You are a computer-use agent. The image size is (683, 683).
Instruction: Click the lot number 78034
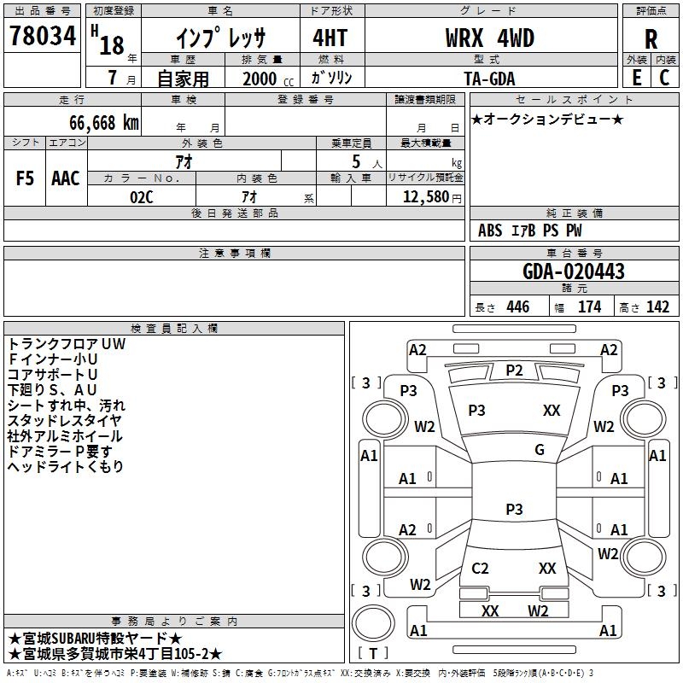click(x=43, y=35)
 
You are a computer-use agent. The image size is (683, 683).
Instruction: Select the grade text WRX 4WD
click(x=489, y=38)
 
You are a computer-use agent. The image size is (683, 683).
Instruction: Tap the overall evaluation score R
click(x=651, y=39)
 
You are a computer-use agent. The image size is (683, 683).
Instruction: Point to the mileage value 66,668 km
click(x=104, y=123)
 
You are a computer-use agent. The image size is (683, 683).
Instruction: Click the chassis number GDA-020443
click(x=573, y=271)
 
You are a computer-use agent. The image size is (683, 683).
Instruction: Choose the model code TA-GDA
click(x=489, y=79)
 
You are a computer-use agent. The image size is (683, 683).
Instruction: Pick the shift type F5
click(x=25, y=178)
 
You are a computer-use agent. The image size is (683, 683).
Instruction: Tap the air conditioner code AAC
click(x=66, y=178)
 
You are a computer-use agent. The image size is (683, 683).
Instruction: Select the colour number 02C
click(x=142, y=197)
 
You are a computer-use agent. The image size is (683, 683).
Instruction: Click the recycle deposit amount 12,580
click(x=426, y=196)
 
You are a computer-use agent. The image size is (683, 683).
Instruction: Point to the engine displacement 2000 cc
click(x=268, y=79)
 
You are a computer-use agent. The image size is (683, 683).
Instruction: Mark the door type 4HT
click(x=330, y=38)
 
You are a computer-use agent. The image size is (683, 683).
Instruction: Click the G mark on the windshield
click(x=540, y=450)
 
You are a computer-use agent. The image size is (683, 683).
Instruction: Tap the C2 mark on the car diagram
click(x=480, y=568)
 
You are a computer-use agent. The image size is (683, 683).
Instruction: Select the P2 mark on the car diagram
click(x=514, y=371)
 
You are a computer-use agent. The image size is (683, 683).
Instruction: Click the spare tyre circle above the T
click(x=373, y=623)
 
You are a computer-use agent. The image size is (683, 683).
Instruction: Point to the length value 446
click(x=518, y=306)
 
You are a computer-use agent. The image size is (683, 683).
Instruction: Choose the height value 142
click(x=657, y=306)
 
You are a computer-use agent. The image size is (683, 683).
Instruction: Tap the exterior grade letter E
click(x=637, y=78)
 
